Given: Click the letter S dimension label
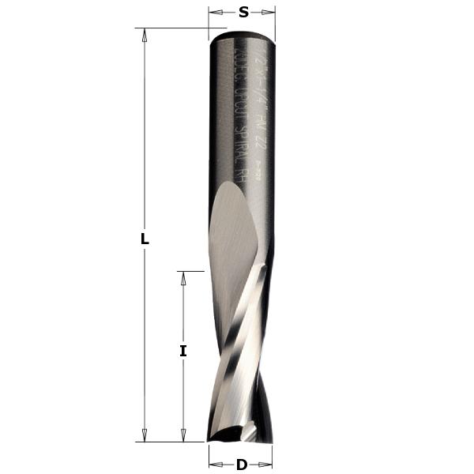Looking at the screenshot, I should pos(243,11).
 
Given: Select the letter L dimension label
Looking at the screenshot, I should pos(145,239).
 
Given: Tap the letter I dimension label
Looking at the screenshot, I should pos(183,351).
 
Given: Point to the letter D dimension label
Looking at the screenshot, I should pos(242,465).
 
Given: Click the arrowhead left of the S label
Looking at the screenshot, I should pos(214,11).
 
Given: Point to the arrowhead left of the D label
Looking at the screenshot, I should pos(213,465).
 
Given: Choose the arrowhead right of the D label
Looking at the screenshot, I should pos(268,465).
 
